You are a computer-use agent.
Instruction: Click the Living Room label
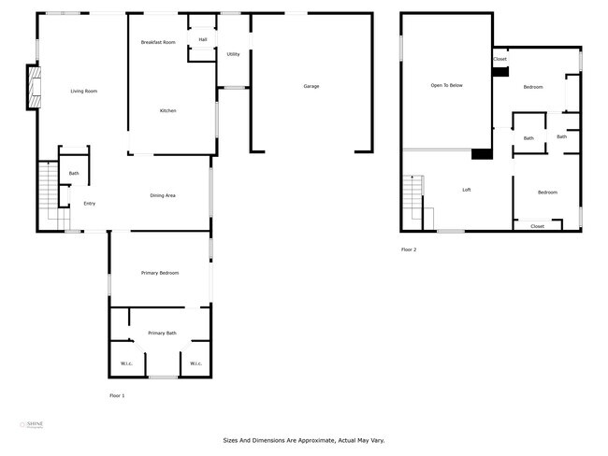84,91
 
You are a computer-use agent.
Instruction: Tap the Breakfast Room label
157,43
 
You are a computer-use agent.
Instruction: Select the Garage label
311,86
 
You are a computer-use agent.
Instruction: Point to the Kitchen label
167,111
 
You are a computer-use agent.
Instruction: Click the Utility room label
233,54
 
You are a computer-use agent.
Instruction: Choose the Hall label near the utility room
202,39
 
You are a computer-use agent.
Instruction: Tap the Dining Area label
163,195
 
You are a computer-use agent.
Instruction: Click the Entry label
90,204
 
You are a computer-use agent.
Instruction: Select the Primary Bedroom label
160,273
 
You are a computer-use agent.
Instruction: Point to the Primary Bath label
162,333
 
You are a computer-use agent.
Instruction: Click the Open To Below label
446,86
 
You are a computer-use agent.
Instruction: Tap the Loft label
466,190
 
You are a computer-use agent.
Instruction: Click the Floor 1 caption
117,396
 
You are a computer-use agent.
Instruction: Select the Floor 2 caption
409,249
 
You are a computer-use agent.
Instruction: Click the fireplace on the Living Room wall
35,87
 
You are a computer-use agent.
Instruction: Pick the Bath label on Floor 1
74,173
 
